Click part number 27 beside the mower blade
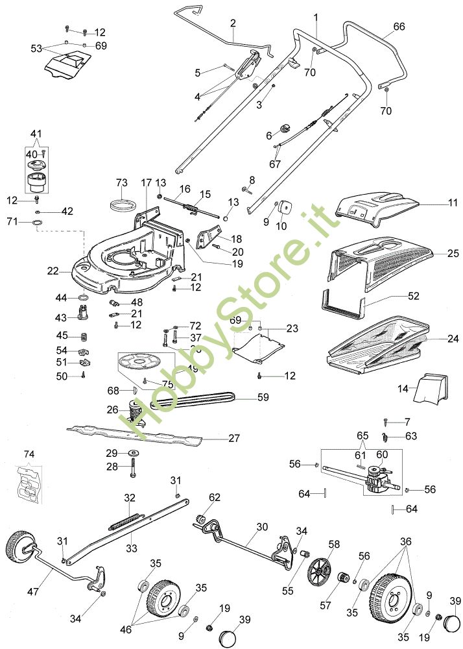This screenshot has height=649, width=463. click(233, 438)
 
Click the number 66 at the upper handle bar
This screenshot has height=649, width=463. click(399, 27)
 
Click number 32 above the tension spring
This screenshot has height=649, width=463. click(130, 497)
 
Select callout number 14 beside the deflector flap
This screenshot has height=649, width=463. click(403, 389)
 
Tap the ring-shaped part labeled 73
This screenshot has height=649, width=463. click(122, 205)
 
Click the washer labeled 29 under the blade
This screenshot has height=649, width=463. click(133, 452)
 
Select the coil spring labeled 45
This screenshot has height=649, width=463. click(84, 336)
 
